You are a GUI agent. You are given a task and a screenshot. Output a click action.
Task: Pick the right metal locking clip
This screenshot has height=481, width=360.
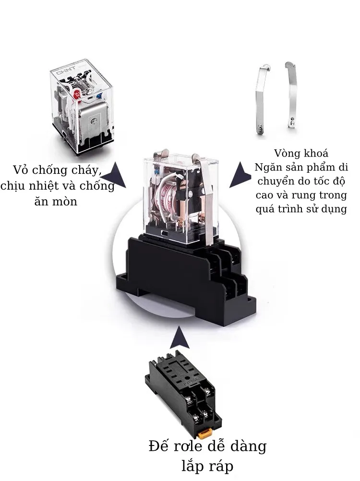[291, 96]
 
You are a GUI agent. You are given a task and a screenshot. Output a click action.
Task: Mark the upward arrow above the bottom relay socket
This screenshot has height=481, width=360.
[180, 337]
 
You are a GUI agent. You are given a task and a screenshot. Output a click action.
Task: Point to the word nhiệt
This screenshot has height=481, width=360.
[44, 186]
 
